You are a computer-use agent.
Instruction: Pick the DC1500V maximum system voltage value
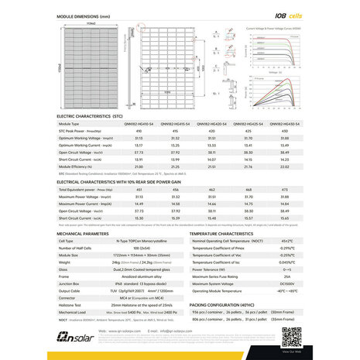pos(286,283)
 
